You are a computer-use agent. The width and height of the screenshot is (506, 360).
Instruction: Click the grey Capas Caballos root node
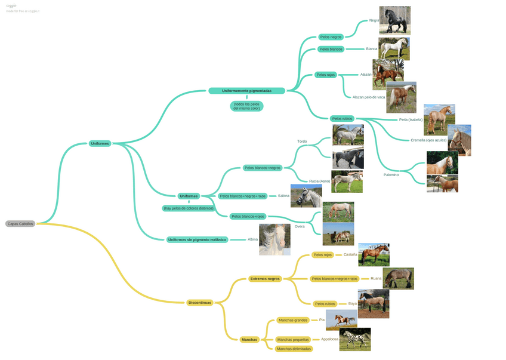tap(20, 224)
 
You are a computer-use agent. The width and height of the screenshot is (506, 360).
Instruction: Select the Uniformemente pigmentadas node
tap(246, 91)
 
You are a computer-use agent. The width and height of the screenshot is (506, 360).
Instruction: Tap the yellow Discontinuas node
tap(199, 303)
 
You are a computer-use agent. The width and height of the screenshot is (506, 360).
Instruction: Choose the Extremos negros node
tap(265, 279)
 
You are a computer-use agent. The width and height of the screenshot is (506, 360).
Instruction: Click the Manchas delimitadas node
tap(294, 349)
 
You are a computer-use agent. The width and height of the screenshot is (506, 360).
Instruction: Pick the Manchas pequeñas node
tap(293, 339)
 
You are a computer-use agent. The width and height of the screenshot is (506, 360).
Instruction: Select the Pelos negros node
tap(331, 37)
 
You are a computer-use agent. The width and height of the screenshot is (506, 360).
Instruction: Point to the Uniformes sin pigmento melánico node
tap(197, 239)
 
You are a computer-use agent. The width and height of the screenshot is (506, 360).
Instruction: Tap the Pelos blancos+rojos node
tap(248, 216)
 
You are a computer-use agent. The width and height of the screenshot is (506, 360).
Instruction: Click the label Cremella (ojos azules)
tap(428, 140)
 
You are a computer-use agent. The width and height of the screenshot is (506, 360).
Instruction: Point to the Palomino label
tap(391, 175)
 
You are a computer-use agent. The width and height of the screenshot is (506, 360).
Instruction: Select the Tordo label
tap(302, 141)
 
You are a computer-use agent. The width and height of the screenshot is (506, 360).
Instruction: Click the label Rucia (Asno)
tap(319, 181)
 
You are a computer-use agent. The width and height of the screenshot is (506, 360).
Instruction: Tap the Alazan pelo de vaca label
tap(369, 97)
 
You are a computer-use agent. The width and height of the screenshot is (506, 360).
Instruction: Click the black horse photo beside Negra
tap(394, 20)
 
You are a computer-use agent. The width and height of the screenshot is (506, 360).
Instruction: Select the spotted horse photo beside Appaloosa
tap(355, 339)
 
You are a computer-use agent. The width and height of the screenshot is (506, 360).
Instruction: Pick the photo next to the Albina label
tap(274, 239)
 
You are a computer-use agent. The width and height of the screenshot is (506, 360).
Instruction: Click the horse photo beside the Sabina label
tap(306, 196)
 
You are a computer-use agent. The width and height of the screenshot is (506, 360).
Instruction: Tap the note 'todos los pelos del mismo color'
tap(246, 106)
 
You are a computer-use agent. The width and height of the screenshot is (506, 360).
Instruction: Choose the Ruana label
tap(376, 278)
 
